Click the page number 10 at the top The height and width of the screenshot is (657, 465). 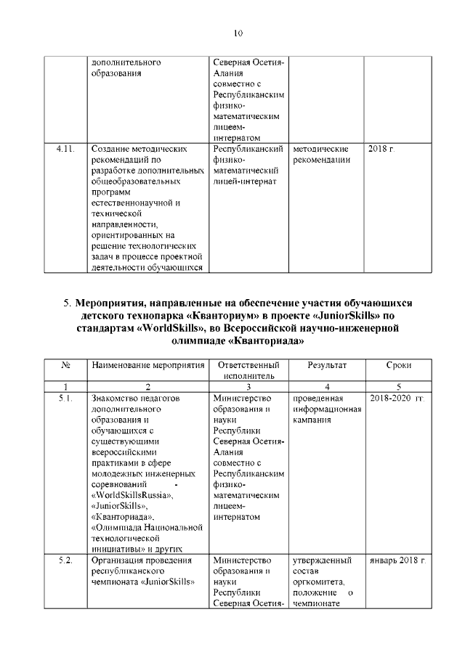tap(238, 33)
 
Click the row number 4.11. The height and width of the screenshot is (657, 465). tap(66, 148)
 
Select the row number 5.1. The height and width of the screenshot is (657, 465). tap(65, 398)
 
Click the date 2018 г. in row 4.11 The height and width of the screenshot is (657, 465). tap(381, 148)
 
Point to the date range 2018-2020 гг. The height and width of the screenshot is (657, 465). tap(397, 398)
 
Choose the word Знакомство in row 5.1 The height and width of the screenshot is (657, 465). tap(116, 398)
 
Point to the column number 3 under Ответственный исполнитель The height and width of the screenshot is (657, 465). tap(249, 386)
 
